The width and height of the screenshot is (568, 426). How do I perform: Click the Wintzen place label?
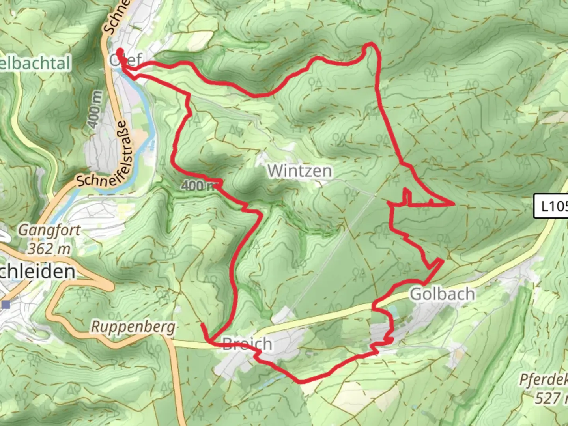pos(299,171)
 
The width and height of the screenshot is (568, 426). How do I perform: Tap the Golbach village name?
pos(442,294)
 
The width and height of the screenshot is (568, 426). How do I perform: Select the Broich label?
pos(247,344)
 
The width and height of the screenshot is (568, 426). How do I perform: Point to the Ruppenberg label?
pos(133,327)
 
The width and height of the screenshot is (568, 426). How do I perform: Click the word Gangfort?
pos(49,230)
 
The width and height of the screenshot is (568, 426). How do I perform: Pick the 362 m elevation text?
pos(49,248)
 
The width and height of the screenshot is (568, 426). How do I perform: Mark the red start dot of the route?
pos(119,51)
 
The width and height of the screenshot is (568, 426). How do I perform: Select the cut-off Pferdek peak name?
pos(544,380)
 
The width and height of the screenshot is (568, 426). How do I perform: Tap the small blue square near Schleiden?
pos(6,305)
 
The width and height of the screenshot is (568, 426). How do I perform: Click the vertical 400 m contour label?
pos(95,109)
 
